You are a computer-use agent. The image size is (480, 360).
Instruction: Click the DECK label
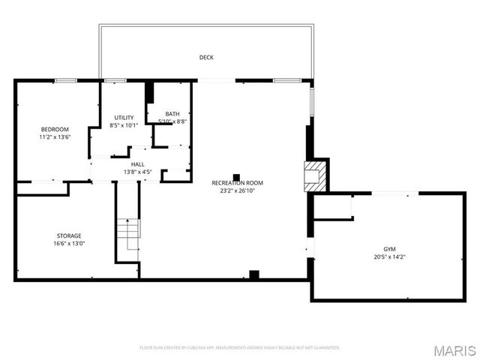(x=206, y=57)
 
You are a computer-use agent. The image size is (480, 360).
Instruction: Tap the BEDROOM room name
(x=55, y=129)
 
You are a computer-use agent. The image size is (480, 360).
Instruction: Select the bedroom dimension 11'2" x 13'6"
(x=55, y=137)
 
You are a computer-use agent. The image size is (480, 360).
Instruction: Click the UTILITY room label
(x=124, y=117)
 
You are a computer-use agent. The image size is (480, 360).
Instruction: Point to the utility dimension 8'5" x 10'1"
(x=124, y=125)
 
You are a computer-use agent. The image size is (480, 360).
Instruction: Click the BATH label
(x=172, y=114)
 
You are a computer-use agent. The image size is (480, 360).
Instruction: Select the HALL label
(x=138, y=163)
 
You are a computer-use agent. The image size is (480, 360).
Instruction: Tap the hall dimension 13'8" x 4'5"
(x=138, y=172)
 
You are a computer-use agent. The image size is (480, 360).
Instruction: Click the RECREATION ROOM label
(x=237, y=182)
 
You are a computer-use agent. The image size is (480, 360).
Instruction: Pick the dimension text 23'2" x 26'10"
(x=237, y=190)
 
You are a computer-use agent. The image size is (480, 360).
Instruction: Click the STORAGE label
(x=69, y=235)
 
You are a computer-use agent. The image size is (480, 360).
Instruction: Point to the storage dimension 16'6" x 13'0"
(x=69, y=244)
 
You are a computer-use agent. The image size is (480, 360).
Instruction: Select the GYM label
(x=389, y=248)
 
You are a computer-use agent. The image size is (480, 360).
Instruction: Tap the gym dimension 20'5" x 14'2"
(x=389, y=256)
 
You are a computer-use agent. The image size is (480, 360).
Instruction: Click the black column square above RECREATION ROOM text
(x=236, y=177)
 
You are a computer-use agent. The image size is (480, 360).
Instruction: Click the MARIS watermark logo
(x=453, y=350)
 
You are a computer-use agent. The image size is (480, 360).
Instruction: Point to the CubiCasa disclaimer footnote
(x=239, y=347)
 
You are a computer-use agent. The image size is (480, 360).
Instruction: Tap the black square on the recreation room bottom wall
(x=253, y=274)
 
